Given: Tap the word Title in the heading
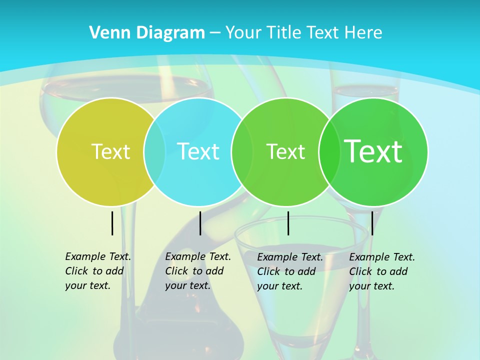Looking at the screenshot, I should pyautogui.click(x=282, y=33).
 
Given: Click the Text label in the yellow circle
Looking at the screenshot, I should pyautogui.click(x=110, y=151).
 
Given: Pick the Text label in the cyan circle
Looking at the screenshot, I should pyautogui.click(x=198, y=151).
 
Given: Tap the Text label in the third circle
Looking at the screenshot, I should pyautogui.click(x=285, y=151).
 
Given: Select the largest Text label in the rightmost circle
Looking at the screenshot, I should pyautogui.click(x=373, y=151).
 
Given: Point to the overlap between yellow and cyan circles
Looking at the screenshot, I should pyautogui.click(x=154, y=152).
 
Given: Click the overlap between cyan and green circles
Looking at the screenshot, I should pyautogui.click(x=241, y=152).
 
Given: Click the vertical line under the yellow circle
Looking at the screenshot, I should pyautogui.click(x=112, y=223).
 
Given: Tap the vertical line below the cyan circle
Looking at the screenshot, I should pyautogui.click(x=200, y=223).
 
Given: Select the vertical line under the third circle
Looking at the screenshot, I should pyautogui.click(x=288, y=223).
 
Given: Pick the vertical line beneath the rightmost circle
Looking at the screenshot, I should pyautogui.click(x=372, y=223).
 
